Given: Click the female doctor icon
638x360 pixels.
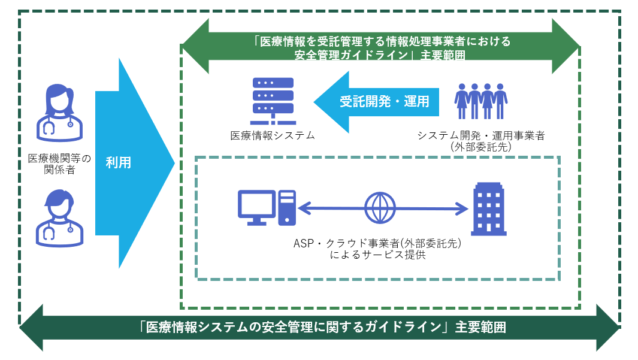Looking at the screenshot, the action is (60, 113).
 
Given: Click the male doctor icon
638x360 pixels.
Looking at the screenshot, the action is (60, 218).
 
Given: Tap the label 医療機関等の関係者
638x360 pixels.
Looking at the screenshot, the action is (59, 164).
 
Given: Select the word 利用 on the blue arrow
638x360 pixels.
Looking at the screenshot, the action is (119, 163).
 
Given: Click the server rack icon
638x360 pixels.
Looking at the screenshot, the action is (273, 101).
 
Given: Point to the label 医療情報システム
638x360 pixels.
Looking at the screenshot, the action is (273, 135).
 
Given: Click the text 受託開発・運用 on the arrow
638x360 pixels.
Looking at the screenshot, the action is (385, 101).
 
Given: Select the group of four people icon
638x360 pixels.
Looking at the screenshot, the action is (481, 101).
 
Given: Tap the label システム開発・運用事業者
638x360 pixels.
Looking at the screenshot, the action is (481, 135).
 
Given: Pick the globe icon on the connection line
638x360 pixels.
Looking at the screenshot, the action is (380, 208).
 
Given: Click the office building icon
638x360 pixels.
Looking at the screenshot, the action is (489, 209).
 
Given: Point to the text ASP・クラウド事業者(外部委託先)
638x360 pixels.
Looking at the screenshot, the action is (377, 243).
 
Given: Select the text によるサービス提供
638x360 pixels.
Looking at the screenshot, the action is (377, 255).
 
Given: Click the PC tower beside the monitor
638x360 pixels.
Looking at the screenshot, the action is (288, 208).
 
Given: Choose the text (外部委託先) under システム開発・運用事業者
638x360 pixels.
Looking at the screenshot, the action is (481, 147).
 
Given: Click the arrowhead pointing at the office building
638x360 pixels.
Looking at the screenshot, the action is (462, 208).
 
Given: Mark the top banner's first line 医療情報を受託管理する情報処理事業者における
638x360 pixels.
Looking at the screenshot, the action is (382, 41).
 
